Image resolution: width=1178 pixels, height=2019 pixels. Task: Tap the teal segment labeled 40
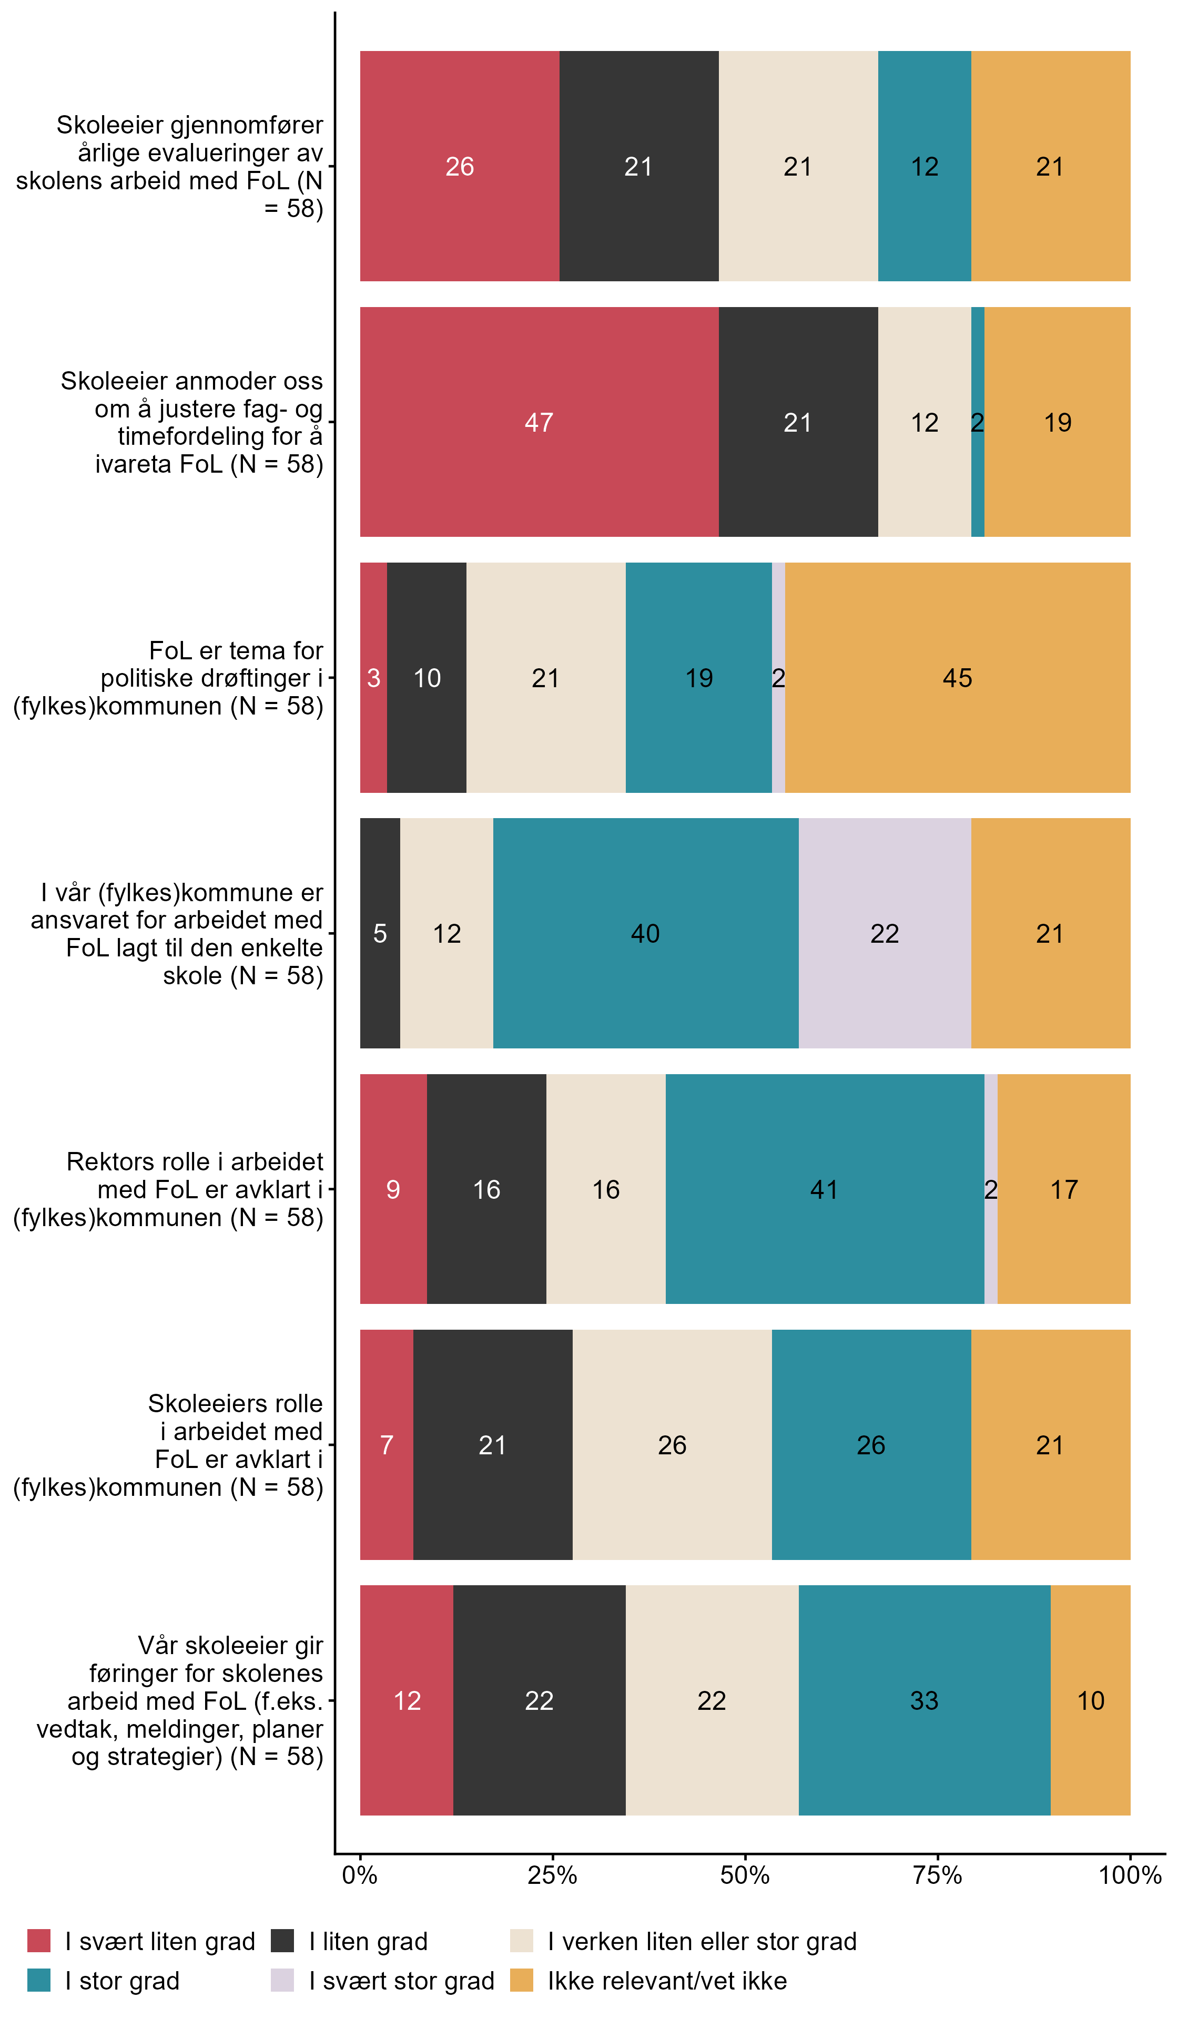pyautogui.click(x=645, y=933)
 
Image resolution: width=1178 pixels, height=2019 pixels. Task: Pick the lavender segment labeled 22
pyautogui.click(x=884, y=933)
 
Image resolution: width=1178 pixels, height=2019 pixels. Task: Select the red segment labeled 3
pyautogui.click(x=373, y=677)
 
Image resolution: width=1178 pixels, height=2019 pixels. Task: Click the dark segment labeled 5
pyautogui.click(x=380, y=933)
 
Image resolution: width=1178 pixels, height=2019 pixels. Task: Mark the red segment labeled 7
pyautogui.click(x=386, y=1444)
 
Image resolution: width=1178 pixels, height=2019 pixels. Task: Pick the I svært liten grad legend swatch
pyautogui.click(x=38, y=1941)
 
